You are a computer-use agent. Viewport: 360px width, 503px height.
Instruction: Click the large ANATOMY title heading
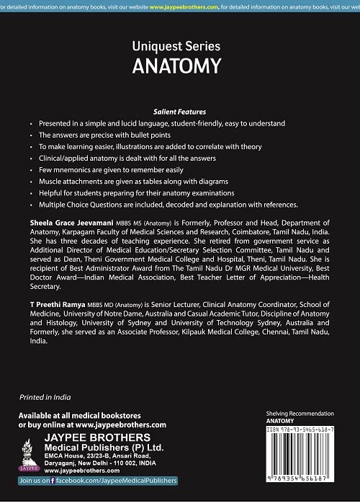(x=176, y=66)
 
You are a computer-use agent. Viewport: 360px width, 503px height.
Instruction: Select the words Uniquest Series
(x=176, y=45)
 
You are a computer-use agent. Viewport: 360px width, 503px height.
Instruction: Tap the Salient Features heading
(x=179, y=112)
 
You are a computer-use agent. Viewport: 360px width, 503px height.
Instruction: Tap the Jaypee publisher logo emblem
(x=32, y=450)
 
